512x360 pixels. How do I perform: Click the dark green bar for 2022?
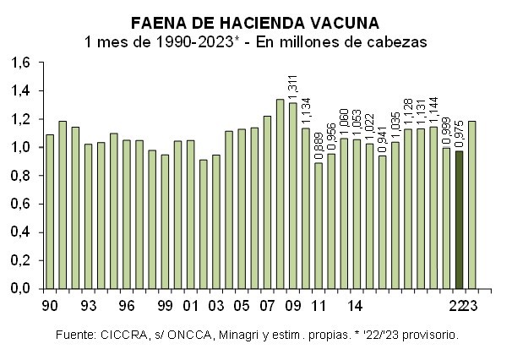[460, 219]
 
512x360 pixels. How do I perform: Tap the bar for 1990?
[50, 211]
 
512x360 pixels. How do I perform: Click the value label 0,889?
[319, 144]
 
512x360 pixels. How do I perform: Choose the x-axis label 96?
[126, 305]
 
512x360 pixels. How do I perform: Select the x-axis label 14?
[356, 305]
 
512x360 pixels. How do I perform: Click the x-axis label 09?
[292, 305]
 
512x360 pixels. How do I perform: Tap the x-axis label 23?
[473, 305]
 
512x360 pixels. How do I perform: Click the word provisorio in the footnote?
[428, 335]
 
